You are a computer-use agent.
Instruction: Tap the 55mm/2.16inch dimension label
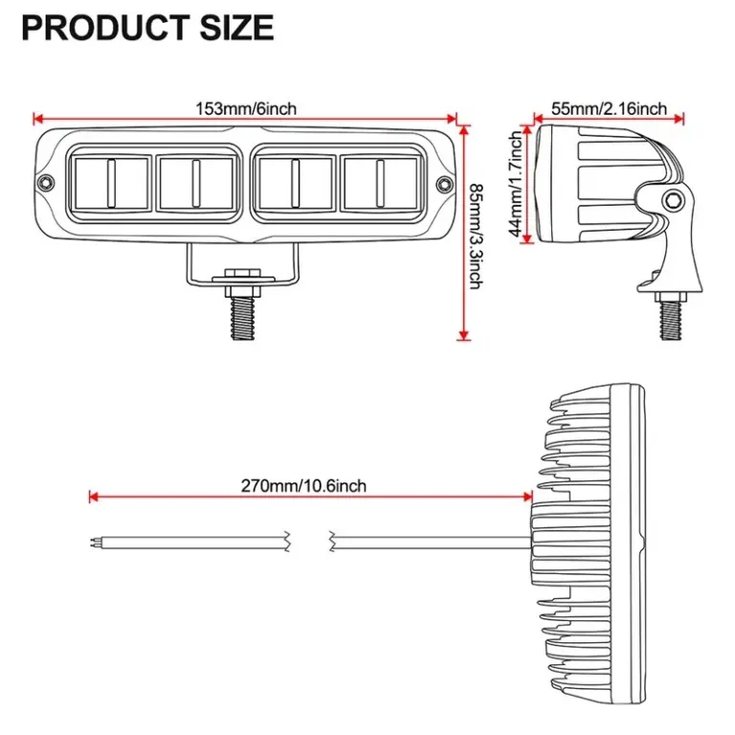(x=609, y=109)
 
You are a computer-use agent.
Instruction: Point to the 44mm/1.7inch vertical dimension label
(x=518, y=185)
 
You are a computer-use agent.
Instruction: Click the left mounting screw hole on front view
(x=44, y=184)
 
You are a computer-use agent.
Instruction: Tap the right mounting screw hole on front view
(x=443, y=184)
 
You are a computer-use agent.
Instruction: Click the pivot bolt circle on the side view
(x=675, y=199)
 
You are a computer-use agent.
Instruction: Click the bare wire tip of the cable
(x=93, y=542)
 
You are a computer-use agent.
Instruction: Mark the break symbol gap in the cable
(x=309, y=542)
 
